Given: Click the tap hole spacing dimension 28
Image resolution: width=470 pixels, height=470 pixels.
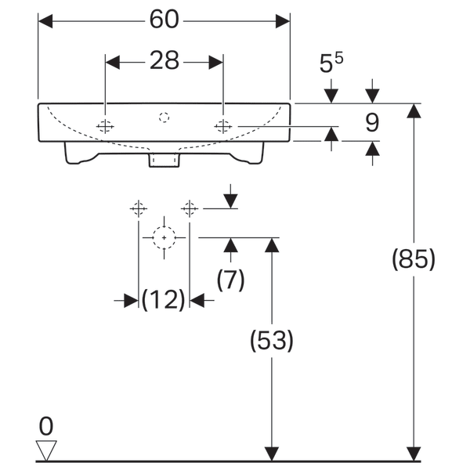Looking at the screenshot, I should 164,60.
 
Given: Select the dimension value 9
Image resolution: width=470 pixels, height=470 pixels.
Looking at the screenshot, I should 371,122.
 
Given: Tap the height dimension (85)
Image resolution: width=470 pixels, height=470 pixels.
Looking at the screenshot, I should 413,260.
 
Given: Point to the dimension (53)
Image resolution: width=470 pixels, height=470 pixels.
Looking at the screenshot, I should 271,341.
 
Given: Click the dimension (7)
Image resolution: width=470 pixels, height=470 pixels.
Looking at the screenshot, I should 230,280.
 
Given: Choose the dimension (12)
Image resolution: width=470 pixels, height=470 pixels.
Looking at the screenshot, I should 164,299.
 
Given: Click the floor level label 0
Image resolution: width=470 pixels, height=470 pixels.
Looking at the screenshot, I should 46,427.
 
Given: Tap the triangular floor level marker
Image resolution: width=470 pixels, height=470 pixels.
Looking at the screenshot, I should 47,450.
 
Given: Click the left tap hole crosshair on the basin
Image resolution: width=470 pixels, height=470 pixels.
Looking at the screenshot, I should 105,126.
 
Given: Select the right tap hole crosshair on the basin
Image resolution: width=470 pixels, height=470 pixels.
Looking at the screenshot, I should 223,126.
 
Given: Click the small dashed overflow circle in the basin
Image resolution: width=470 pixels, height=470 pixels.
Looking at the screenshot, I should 164,117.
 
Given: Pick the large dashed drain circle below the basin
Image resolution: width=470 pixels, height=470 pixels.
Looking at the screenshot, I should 164,237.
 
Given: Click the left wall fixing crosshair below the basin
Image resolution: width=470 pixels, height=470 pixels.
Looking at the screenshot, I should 139,208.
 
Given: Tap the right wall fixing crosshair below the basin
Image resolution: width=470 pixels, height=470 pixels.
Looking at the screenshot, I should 189,208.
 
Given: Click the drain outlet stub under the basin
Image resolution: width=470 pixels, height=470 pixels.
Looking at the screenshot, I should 164,161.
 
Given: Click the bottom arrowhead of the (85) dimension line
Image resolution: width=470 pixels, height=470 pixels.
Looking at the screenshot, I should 413,454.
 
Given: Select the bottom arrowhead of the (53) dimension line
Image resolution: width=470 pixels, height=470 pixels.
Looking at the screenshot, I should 271,454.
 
